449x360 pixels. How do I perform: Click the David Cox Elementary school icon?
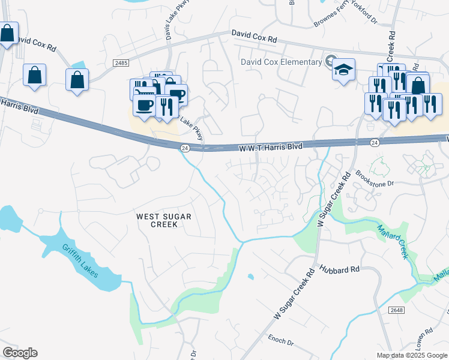tap(344, 70)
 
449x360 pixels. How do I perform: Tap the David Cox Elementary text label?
tap(281, 62)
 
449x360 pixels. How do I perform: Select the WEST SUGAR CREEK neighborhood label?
tap(157, 220)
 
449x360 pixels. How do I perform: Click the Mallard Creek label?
tap(393, 241)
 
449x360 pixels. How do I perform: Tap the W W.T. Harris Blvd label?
tap(271, 146)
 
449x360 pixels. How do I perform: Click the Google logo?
tap(20, 352)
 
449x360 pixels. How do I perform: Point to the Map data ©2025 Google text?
tap(411, 355)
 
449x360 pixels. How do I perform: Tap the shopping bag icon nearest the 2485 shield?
tap(77, 80)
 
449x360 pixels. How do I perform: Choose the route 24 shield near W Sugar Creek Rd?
tap(375, 143)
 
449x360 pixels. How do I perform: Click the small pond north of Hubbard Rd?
tap(250, 277)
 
